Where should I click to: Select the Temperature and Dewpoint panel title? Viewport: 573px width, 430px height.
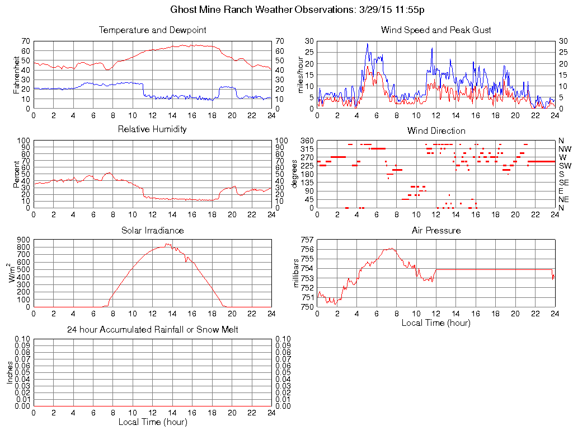[x=152, y=30]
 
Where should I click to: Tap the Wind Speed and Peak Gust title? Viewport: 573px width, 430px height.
[x=436, y=30]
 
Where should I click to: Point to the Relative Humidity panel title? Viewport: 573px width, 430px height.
[x=152, y=129]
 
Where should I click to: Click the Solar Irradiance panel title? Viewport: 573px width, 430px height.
[x=152, y=230]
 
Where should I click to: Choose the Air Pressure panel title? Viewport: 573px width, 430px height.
[x=436, y=230]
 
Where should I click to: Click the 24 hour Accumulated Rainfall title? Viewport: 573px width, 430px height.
[x=152, y=330]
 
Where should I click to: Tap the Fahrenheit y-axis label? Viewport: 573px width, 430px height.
[x=16, y=74]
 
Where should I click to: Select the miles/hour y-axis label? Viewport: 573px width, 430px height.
[x=300, y=74]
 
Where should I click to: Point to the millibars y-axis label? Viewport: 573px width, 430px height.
[x=297, y=273]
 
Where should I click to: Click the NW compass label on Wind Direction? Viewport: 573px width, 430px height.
[x=565, y=149]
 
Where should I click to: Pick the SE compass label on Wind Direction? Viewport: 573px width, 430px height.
[x=564, y=183]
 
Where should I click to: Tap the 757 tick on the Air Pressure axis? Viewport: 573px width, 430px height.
[x=306, y=240]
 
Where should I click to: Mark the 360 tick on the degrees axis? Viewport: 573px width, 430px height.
[x=306, y=140]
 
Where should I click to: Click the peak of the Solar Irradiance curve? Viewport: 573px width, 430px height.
[x=166, y=244]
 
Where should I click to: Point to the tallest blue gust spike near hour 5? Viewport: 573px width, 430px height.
[x=368, y=44]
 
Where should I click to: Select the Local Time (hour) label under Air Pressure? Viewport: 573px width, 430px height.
[x=436, y=323]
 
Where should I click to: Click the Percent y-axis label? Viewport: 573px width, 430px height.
[x=16, y=174]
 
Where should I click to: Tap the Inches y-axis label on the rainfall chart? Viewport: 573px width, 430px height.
[x=10, y=372]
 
